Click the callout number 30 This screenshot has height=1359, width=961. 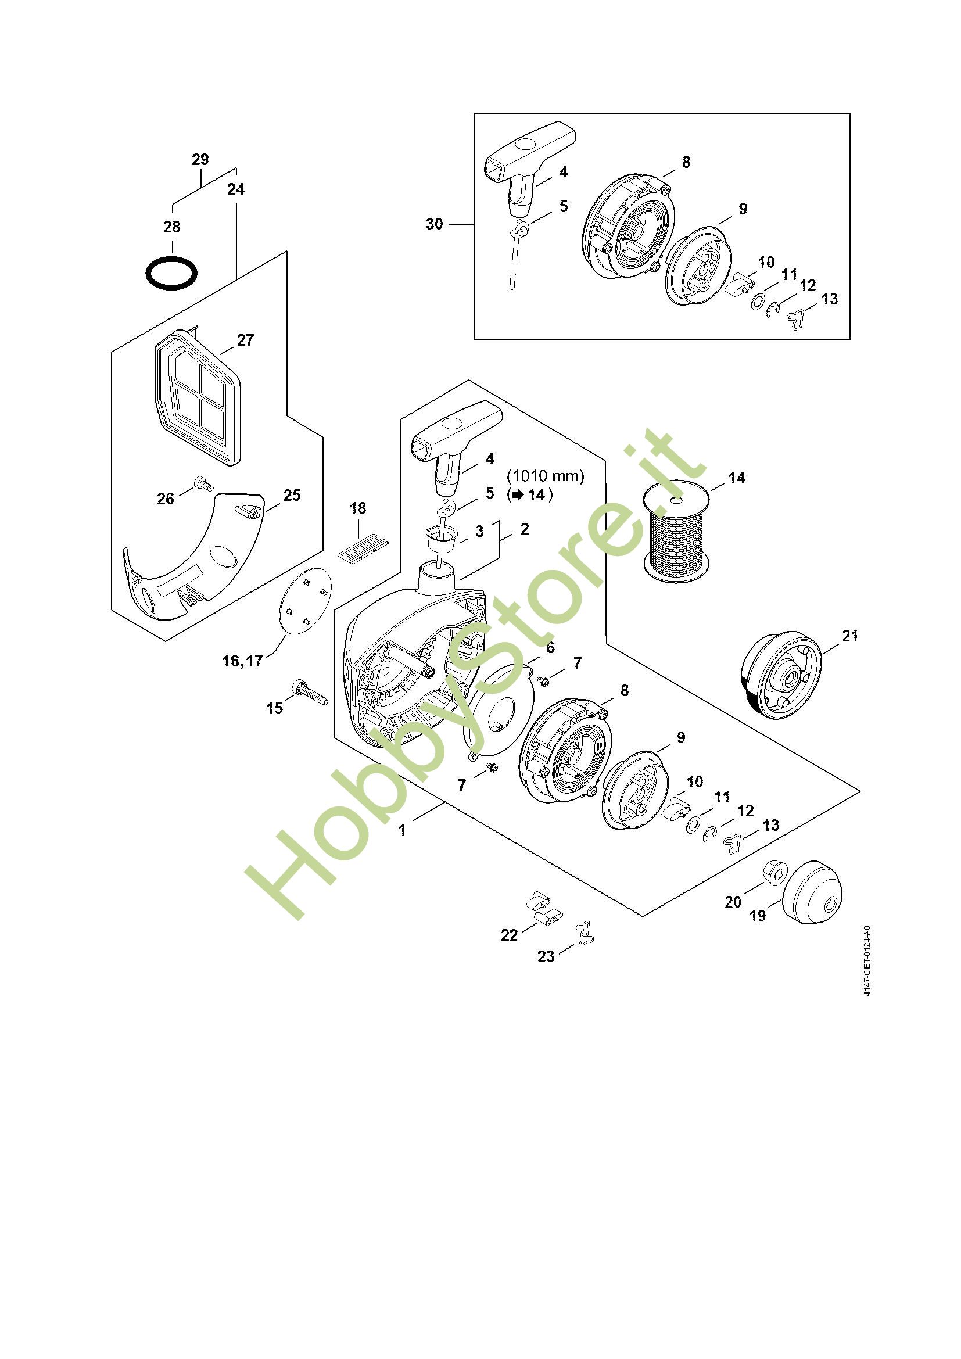click(435, 224)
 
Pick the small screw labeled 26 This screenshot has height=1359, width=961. click(203, 484)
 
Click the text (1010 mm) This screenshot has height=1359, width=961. click(546, 476)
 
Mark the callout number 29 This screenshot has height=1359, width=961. click(200, 159)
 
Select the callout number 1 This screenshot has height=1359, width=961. click(403, 830)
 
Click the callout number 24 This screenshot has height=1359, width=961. click(235, 189)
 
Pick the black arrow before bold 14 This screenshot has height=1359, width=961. click(518, 495)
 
